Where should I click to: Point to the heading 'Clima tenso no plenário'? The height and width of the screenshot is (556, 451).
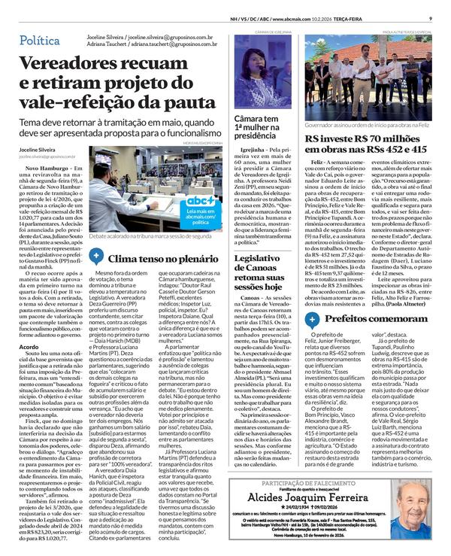pyautogui.click(x=155, y=257)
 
